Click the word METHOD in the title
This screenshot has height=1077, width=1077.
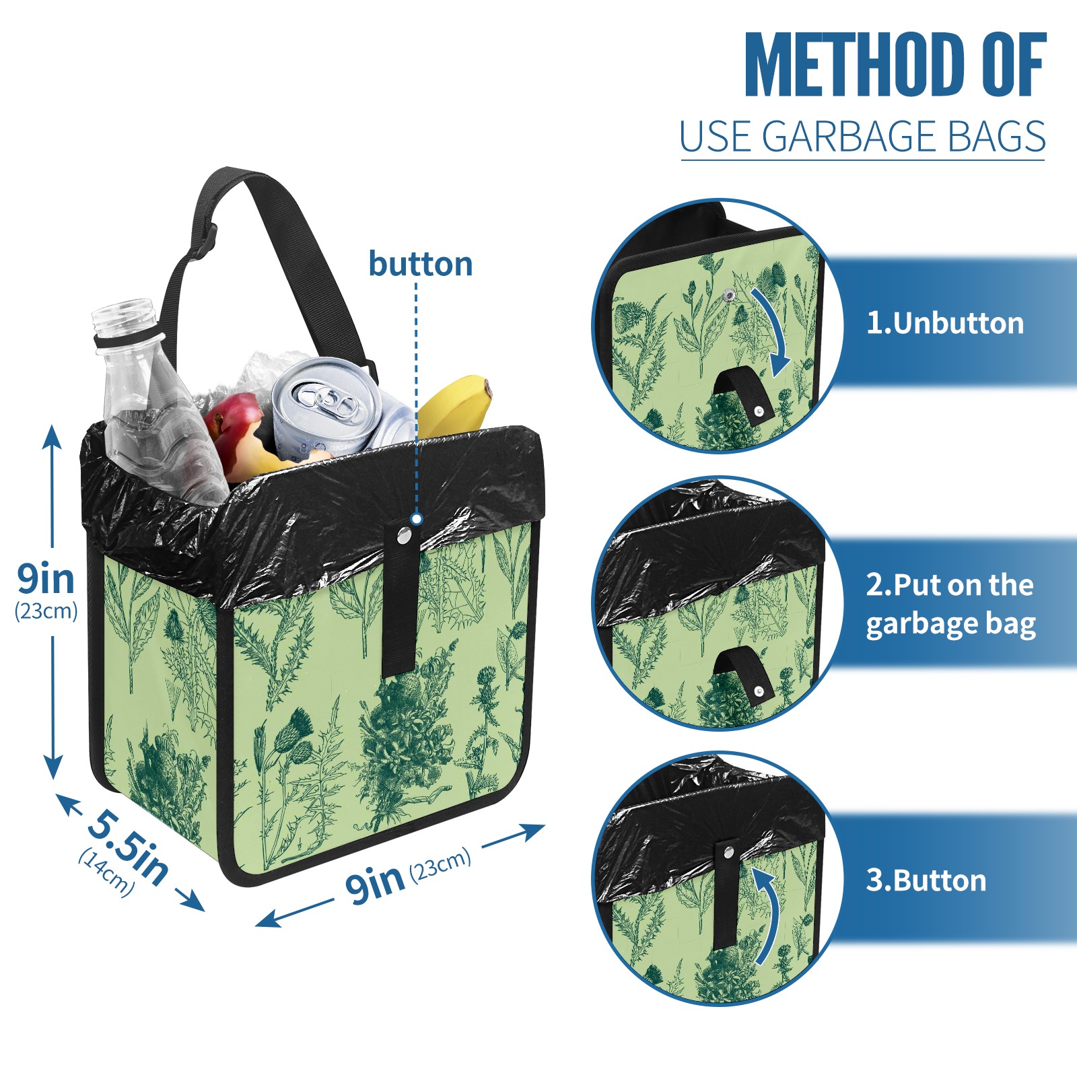854,65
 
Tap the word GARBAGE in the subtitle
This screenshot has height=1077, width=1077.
849,137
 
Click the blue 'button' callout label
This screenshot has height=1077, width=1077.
421,264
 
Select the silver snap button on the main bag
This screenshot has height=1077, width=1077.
404,535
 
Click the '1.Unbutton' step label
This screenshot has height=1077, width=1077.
945,323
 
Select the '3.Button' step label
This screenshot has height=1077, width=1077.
926,880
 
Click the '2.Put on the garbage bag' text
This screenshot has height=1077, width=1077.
950,604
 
